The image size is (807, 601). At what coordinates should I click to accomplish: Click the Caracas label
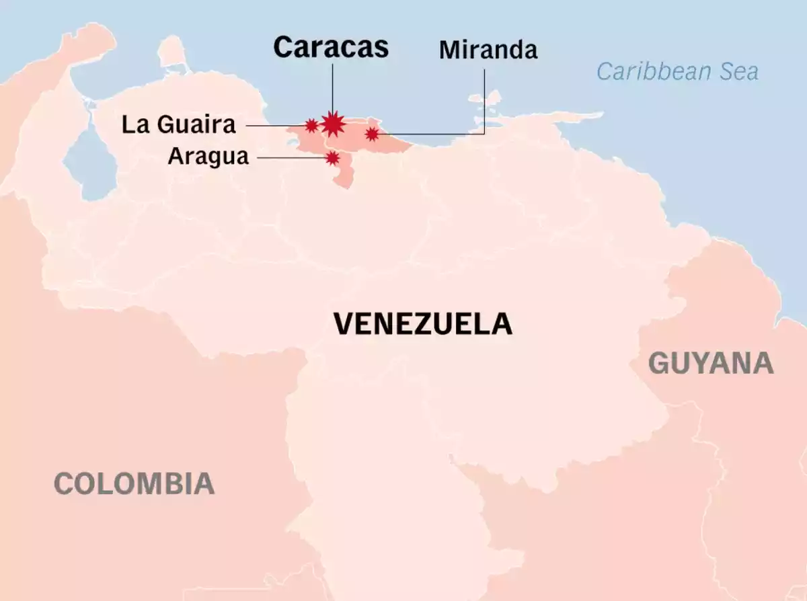point(331,48)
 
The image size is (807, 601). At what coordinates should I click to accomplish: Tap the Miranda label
point(488,50)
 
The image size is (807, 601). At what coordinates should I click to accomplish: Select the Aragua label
point(208,157)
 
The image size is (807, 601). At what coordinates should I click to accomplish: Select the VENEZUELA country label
point(423,324)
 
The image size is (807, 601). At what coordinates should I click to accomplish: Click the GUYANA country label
point(710,364)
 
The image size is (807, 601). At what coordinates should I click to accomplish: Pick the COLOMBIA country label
point(134,483)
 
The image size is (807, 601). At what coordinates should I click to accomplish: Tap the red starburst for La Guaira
point(311,125)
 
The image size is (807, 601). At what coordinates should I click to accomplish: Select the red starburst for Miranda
point(372,134)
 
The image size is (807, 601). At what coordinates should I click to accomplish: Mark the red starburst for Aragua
point(332,158)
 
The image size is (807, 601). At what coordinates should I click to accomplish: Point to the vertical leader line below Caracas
point(332,87)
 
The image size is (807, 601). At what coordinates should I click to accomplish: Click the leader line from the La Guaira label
point(276,125)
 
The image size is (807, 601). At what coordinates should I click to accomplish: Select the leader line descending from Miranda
point(484,101)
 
